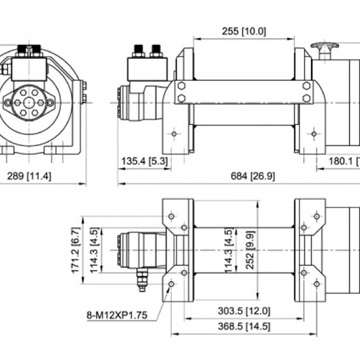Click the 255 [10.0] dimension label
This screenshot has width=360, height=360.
coord(244,31)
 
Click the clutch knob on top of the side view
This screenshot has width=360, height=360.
coord(323,46)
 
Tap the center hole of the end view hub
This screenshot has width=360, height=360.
coord(29,102)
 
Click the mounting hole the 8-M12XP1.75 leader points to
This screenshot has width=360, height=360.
coord(171,284)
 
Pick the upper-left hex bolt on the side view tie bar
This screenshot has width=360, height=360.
coord(181,85)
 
